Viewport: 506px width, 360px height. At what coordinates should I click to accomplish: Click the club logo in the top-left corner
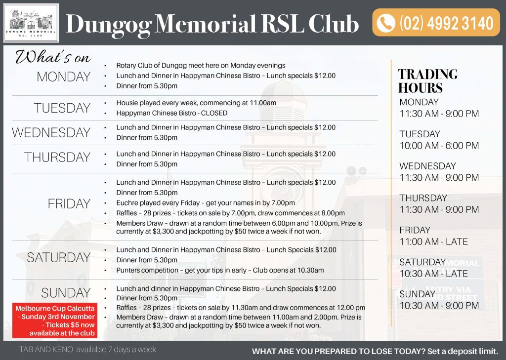point(31,23)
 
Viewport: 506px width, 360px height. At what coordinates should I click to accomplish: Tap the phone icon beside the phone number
point(386,23)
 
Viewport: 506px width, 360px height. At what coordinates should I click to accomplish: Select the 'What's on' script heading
point(53,57)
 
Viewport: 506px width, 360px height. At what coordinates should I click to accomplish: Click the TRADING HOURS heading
point(427,81)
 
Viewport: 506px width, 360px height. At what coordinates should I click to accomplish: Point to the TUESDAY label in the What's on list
point(62,108)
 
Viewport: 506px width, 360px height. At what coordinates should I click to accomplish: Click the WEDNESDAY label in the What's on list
point(51,132)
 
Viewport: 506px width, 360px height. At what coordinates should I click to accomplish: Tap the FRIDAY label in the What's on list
point(69,203)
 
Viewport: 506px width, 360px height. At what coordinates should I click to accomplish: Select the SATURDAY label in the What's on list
point(59,257)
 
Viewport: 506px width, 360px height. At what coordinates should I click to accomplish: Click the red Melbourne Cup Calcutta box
point(55,320)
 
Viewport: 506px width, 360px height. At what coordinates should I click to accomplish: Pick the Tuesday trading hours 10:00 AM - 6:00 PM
point(439,146)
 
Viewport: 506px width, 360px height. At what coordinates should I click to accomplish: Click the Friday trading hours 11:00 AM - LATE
point(433,241)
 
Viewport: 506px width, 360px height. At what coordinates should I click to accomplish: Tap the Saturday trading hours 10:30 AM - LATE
point(433,274)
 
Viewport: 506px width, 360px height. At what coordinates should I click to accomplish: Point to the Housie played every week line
point(196,103)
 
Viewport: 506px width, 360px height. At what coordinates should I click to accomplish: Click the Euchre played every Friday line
point(206,203)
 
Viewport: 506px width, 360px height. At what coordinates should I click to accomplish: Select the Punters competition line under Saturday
point(220,270)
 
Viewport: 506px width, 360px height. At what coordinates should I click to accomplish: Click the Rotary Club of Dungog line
point(201,65)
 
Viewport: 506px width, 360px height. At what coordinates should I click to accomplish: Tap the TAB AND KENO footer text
point(87,350)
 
